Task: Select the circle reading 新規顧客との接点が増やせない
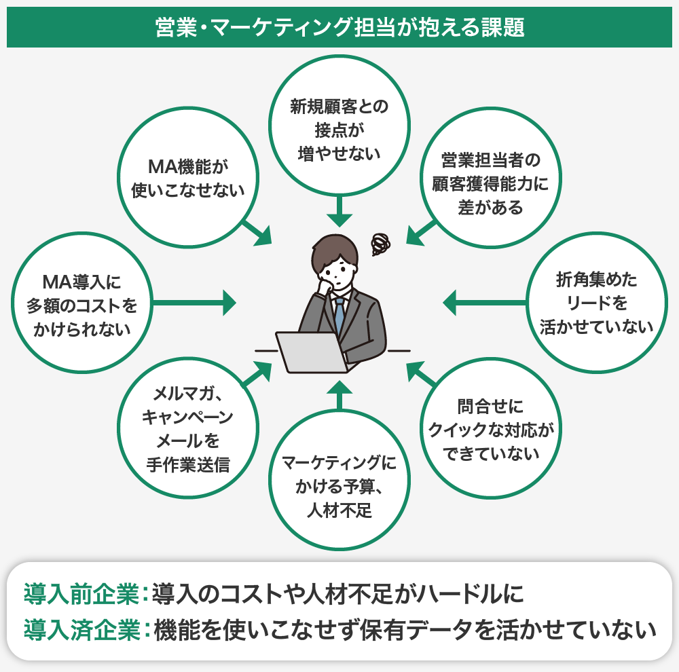[339, 129]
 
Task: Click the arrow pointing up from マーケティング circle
[339, 397]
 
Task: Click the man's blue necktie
[339, 316]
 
